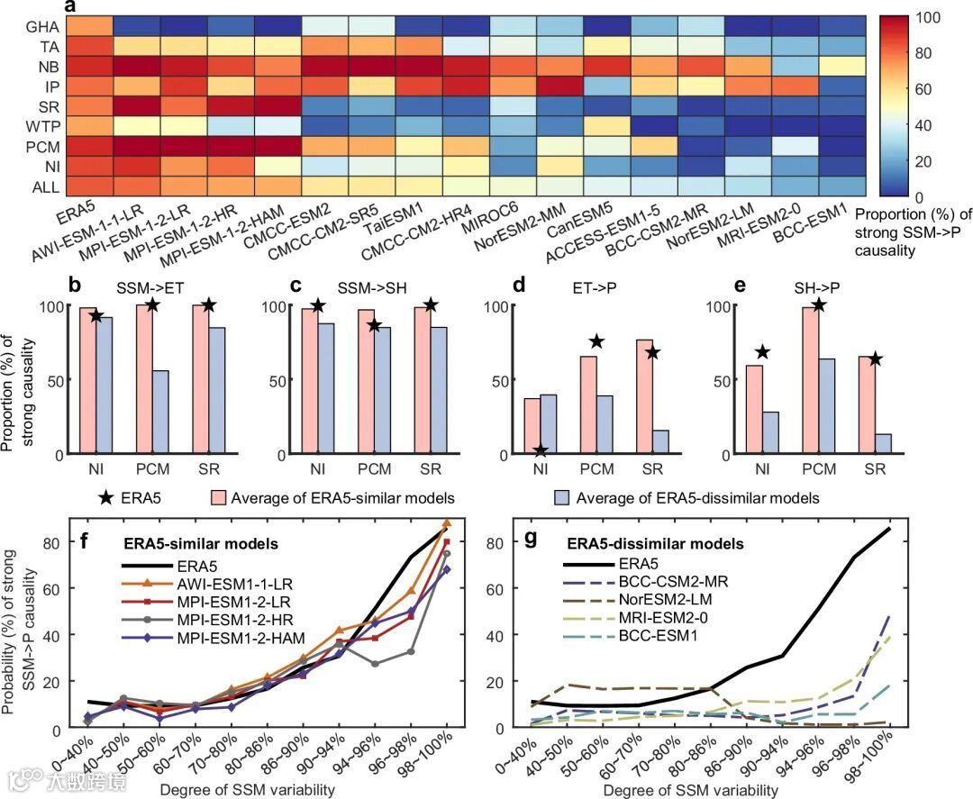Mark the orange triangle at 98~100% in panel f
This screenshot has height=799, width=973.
tap(448, 523)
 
